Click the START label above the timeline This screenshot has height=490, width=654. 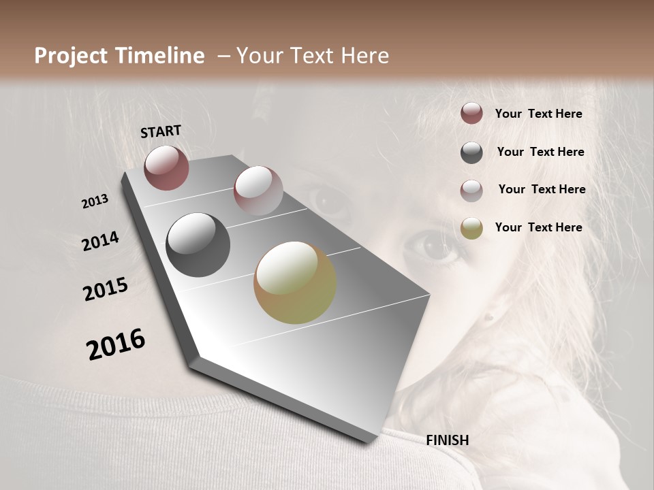[x=161, y=131]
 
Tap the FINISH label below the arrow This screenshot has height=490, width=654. [x=447, y=440]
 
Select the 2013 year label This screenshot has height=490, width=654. [x=95, y=201]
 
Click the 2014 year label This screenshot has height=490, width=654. [x=100, y=241]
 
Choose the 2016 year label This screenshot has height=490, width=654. [x=116, y=344]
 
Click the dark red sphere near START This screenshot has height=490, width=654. [x=166, y=167]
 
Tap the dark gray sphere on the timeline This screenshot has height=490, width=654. [x=198, y=245]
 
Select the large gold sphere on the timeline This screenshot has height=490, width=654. [x=295, y=282]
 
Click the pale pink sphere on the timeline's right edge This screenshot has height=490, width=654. [x=258, y=191]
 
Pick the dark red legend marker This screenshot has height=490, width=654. [x=471, y=114]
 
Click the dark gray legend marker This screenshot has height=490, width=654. [x=471, y=152]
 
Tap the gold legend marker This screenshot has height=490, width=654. [x=471, y=228]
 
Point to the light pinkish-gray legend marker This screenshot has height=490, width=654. [x=471, y=190]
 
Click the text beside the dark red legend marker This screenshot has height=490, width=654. [x=538, y=114]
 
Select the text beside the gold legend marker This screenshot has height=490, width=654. [x=538, y=227]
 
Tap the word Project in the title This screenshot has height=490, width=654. [x=70, y=56]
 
